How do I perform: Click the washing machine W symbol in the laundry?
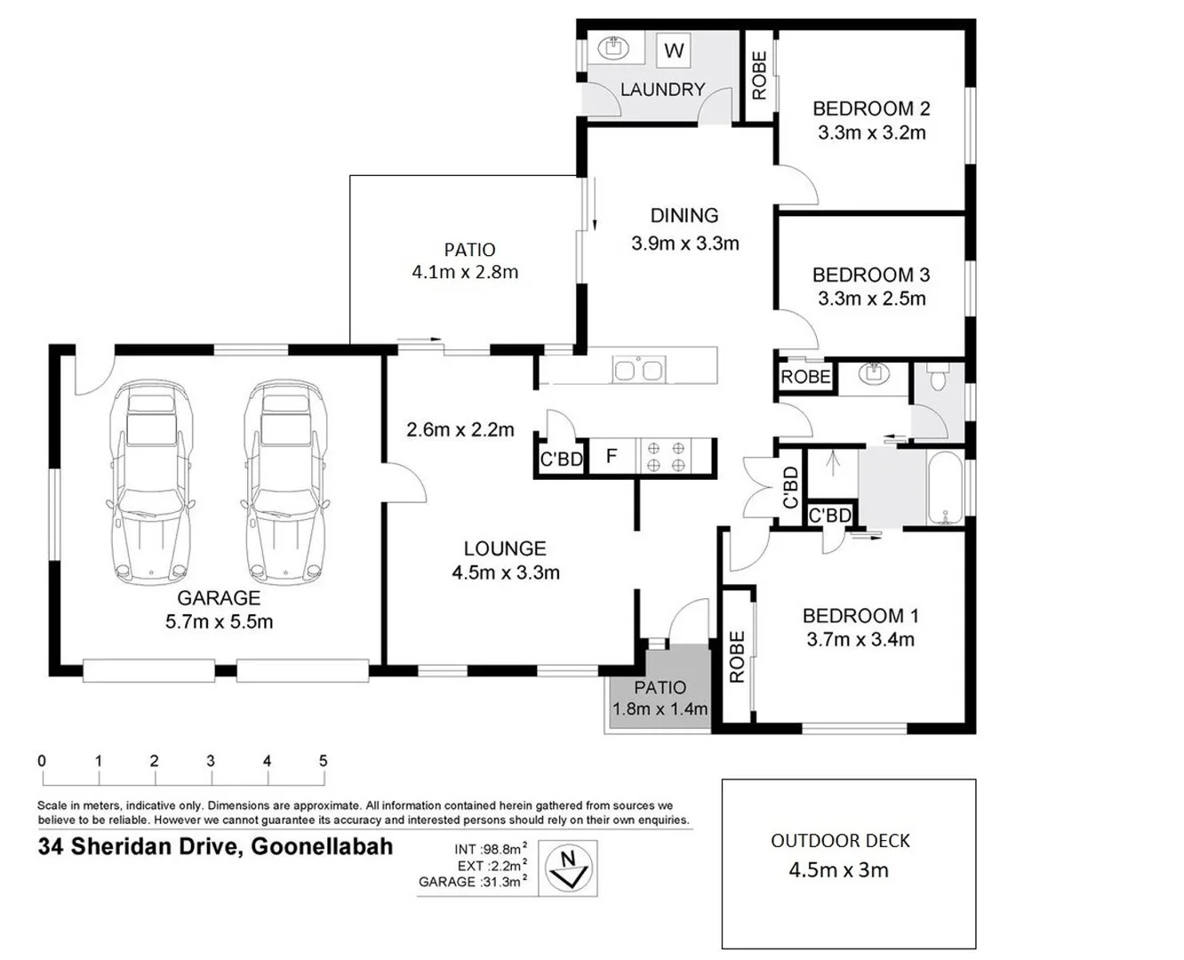pos(674,51)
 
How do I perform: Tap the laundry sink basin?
pos(612,47)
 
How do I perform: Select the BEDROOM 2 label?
pos(871,108)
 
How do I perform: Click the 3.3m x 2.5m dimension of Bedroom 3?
pos(871,299)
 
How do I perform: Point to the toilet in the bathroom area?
pos(937,380)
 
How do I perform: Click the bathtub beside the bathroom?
pos(945,489)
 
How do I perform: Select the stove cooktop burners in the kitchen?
pos(666,457)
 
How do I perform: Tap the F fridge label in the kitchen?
pos(612,457)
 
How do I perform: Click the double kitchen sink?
pos(638,369)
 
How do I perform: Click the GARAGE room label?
pos(219,598)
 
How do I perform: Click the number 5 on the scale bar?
pos(323,761)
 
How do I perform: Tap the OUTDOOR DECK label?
pos(840,841)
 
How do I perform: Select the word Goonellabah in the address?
pos(322,846)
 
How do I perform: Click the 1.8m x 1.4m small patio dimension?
pos(660,709)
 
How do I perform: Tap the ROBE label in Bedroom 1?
pos(737,657)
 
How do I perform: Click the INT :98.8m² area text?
pos(490,849)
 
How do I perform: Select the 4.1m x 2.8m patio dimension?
pos(465,273)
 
